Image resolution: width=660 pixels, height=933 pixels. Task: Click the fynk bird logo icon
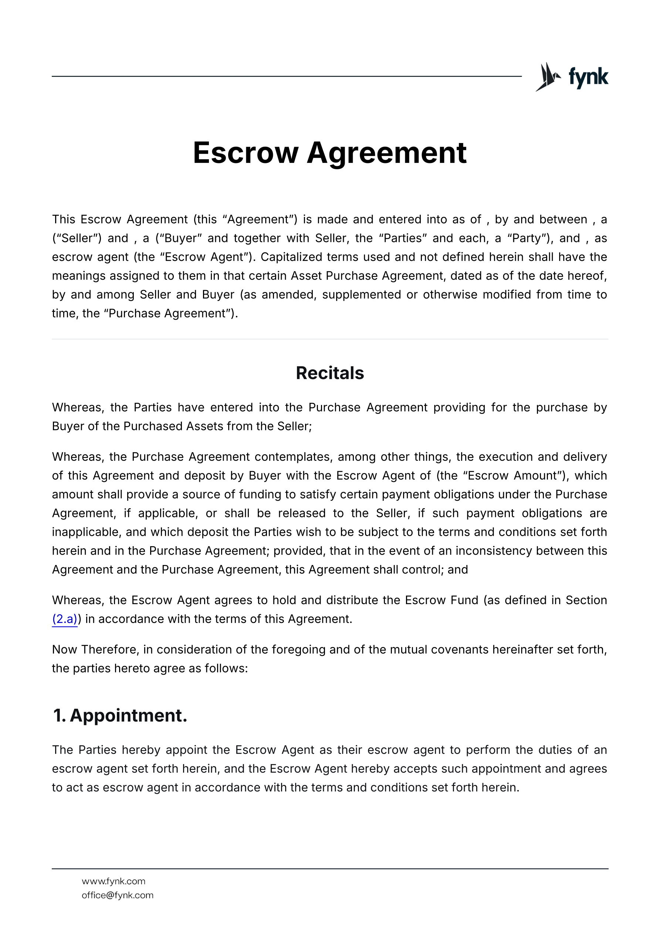tap(547, 77)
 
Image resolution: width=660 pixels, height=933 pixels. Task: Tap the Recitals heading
tap(330, 373)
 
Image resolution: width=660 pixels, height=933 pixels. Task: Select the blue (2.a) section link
tap(65, 619)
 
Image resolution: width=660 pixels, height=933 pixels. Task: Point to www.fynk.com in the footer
tap(114, 881)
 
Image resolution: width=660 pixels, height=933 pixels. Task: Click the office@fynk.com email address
tap(118, 895)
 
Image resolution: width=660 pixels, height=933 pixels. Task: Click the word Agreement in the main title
tap(386, 153)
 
